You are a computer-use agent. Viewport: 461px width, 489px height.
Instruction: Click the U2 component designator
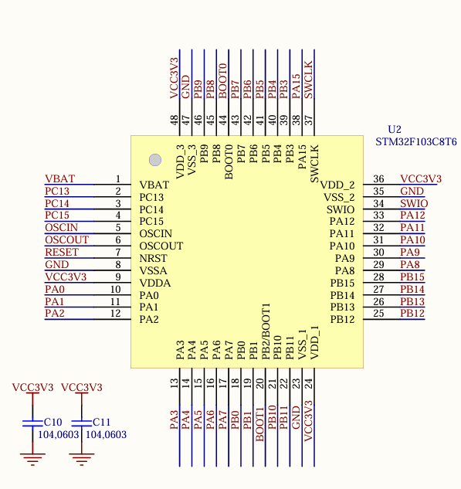pos(395,129)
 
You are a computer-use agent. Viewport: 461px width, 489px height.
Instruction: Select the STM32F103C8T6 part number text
pos(415,142)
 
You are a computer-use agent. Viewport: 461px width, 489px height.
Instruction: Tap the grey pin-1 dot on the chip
pos(155,160)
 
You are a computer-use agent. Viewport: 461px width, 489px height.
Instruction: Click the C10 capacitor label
pos(53,422)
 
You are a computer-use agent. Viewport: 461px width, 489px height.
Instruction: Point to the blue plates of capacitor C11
pos(82,423)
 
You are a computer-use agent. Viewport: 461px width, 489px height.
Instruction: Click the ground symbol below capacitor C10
pos(32,459)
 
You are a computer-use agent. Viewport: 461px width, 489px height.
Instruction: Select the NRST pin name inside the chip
pos(153,259)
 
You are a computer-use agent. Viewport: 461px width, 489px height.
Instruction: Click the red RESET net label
pos(62,252)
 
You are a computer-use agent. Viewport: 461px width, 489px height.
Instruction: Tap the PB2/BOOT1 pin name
pos(266,331)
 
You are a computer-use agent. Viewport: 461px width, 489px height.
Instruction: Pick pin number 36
pos(378,178)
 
